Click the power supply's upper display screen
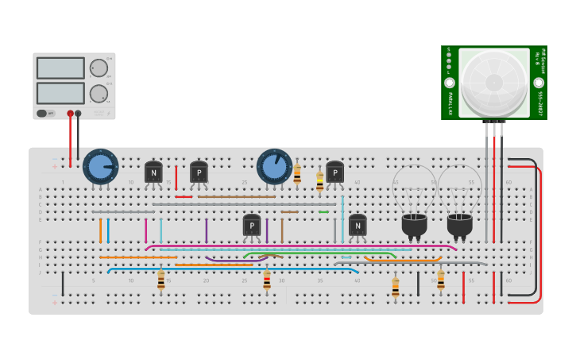60,68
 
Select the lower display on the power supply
60,93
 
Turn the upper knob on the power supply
99,68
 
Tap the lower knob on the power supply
99,94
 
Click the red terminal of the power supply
70,114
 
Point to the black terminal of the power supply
78,114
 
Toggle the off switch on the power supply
47,114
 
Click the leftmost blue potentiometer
100,167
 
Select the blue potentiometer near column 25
274,167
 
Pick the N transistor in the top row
153,172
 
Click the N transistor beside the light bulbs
358,226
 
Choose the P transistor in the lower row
252,226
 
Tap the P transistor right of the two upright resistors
335,172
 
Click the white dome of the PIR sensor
493,81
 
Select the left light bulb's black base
414,224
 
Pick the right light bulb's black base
459,224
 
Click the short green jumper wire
323,211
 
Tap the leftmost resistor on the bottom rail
160,280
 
